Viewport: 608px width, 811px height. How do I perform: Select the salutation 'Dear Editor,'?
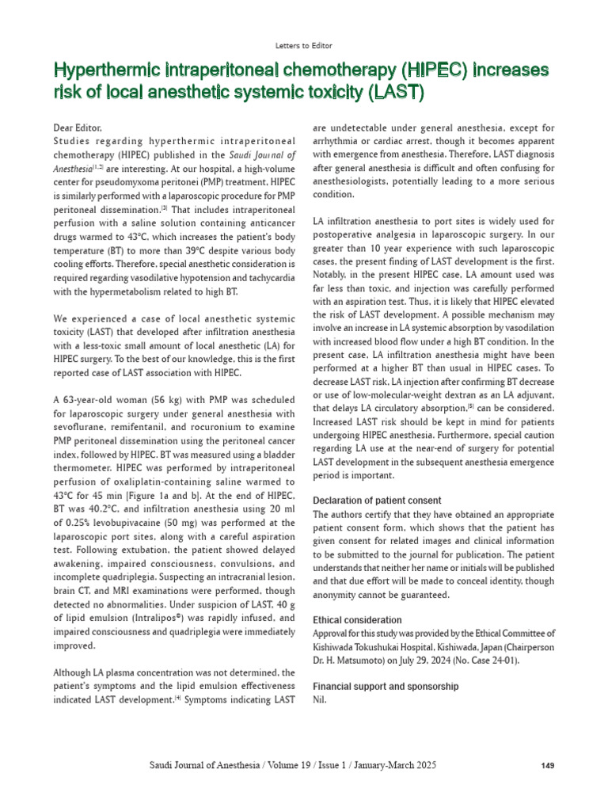(x=78, y=128)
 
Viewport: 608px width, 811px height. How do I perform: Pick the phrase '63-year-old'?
(x=92, y=398)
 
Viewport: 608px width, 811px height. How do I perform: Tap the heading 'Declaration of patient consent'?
(x=377, y=501)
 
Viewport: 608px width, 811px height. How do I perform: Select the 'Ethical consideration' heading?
(x=357, y=620)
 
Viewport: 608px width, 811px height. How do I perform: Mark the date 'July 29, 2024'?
(x=434, y=660)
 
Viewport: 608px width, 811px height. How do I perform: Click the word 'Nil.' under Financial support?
(x=320, y=700)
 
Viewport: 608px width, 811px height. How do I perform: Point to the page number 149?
(x=546, y=766)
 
